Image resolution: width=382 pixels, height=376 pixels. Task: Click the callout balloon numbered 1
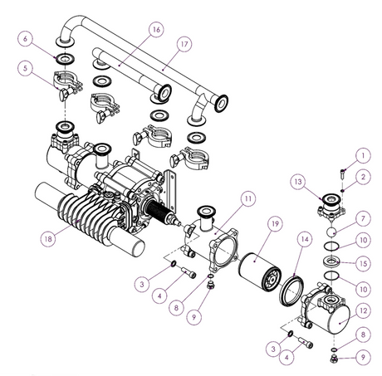click(x=363, y=154)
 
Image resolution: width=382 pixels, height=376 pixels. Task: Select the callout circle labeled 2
click(x=363, y=176)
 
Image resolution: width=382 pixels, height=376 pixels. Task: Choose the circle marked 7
click(x=363, y=217)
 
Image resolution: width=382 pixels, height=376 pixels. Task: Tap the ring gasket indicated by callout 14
click(x=292, y=281)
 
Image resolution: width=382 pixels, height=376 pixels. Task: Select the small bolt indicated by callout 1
click(x=340, y=172)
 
